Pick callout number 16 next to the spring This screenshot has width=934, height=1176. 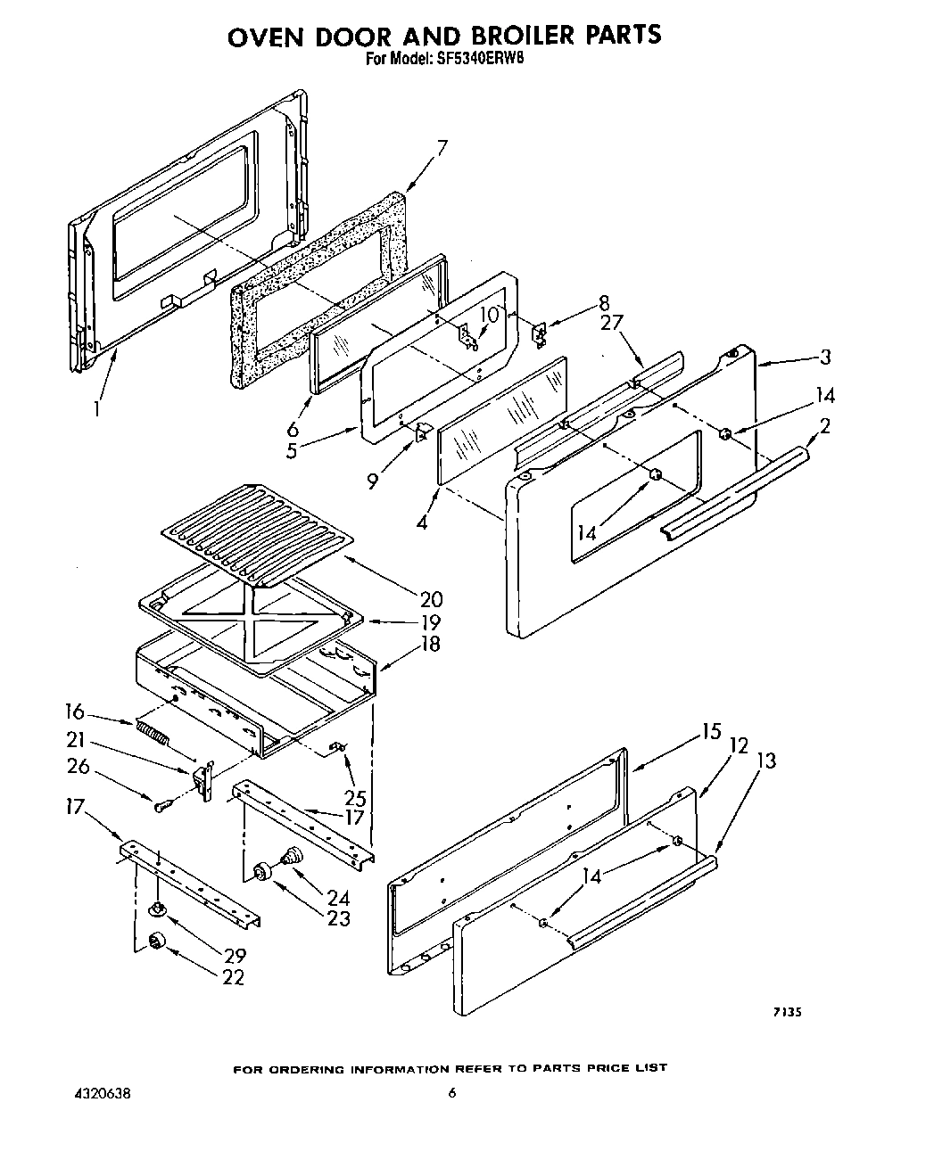click(x=74, y=711)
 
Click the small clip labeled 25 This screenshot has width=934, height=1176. click(x=339, y=745)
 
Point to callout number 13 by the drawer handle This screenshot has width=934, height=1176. click(x=765, y=761)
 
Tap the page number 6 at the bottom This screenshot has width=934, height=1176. click(x=451, y=1094)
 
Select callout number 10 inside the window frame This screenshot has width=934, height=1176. click(x=489, y=315)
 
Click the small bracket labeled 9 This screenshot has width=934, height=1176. click(x=424, y=433)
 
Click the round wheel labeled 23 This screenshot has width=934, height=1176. click(x=263, y=871)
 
